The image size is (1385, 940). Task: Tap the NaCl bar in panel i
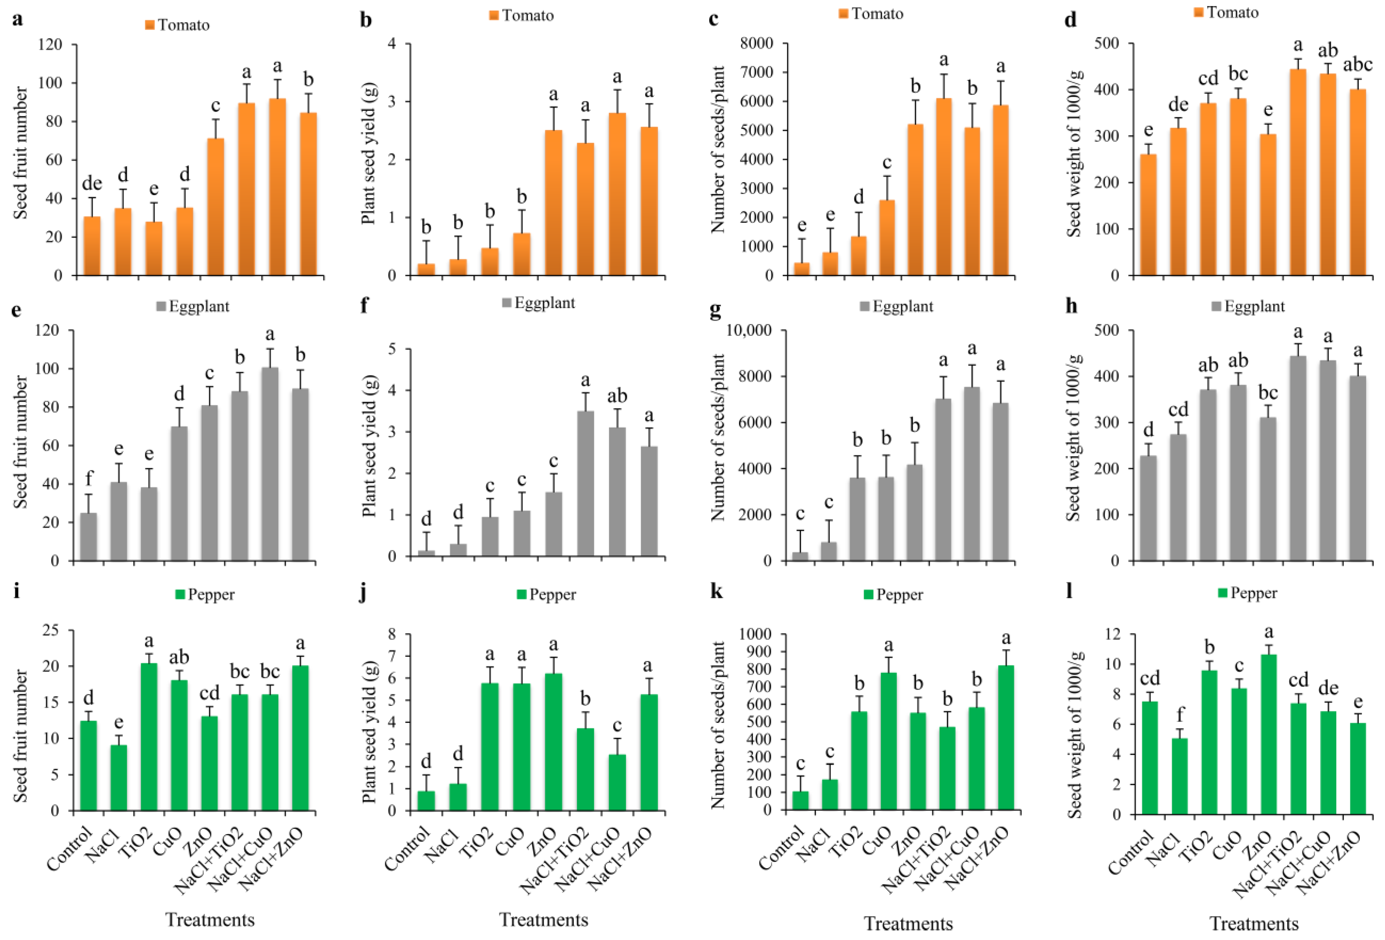[119, 777]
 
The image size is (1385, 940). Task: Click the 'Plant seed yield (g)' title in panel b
[368, 159]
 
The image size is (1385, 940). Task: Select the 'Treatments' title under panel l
[1254, 923]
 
